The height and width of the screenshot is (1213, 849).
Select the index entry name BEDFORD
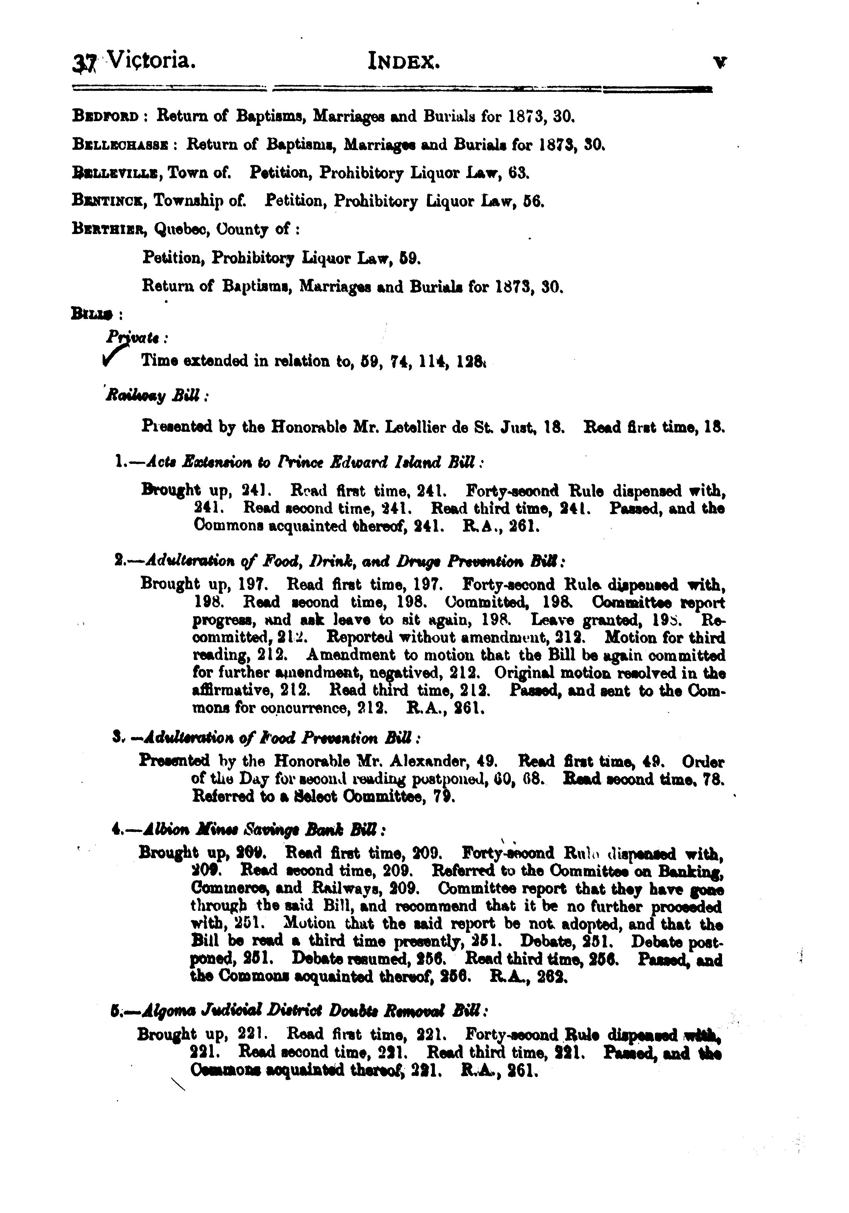pos(106,116)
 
